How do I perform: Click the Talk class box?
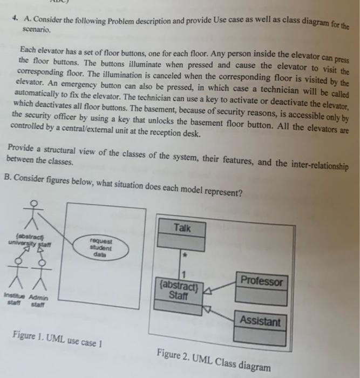[182, 234]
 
